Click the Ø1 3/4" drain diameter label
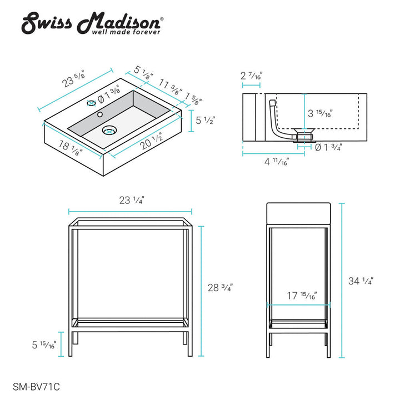pyautogui.click(x=328, y=147)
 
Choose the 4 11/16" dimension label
pyautogui.click(x=276, y=163)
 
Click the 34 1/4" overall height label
pyautogui.click(x=361, y=281)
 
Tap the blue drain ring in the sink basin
pyautogui.click(x=109, y=131)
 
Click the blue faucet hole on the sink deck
pyautogui.click(x=91, y=104)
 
